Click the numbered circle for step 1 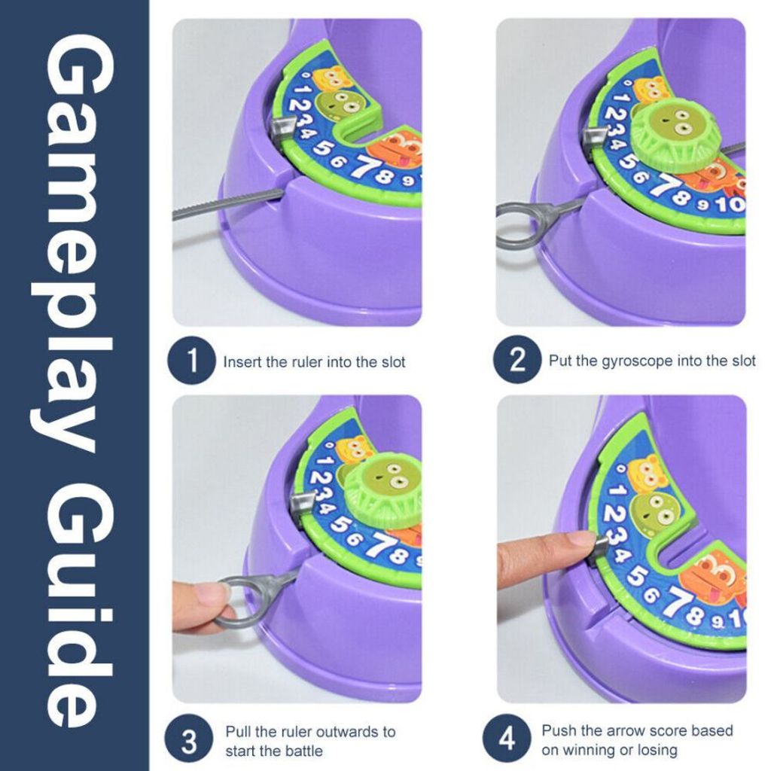[x=192, y=361]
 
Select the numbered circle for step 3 [x=189, y=739]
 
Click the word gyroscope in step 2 [x=637, y=361]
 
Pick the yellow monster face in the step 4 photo [x=649, y=476]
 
